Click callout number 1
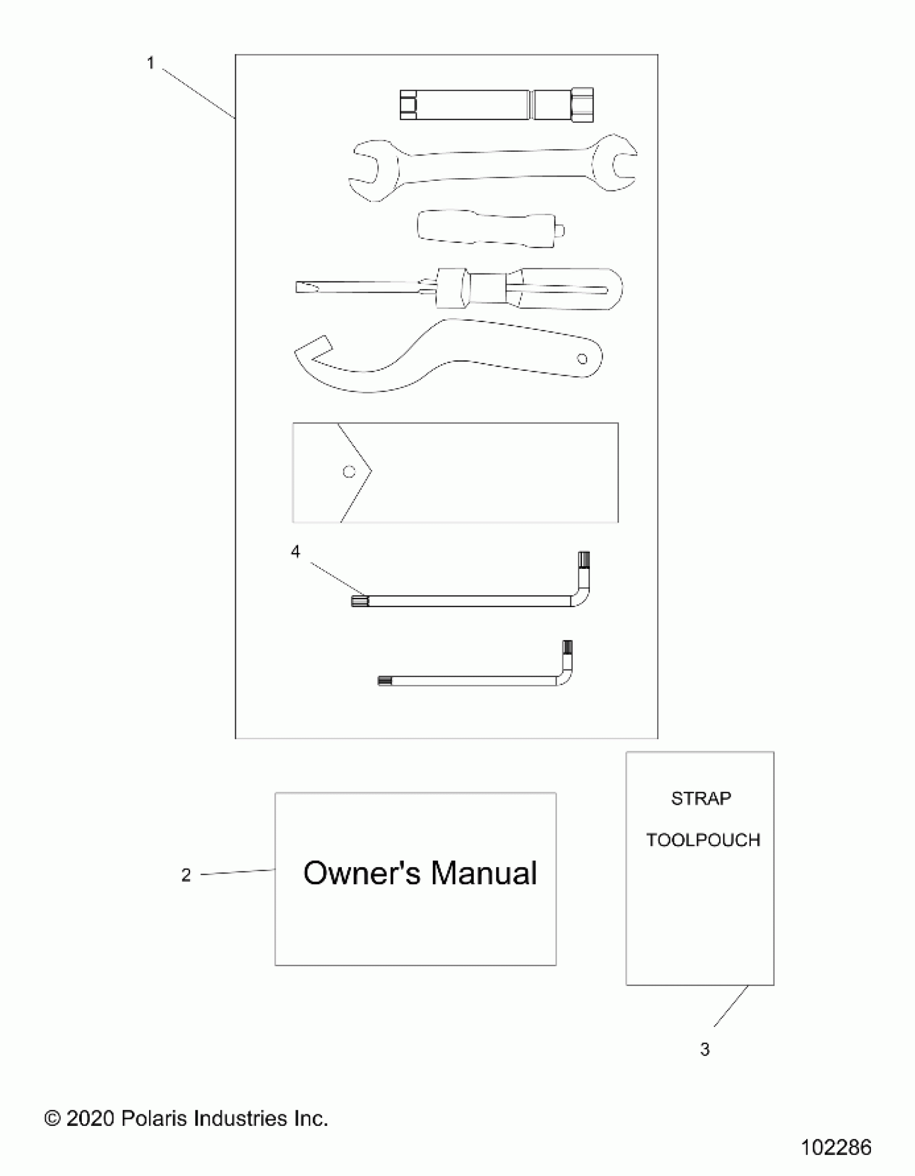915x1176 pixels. tap(150, 64)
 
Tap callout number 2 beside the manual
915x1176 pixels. tap(186, 875)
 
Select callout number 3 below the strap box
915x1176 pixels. tap(705, 1049)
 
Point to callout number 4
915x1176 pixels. tap(295, 551)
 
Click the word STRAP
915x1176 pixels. tap(701, 798)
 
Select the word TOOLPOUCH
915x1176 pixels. tap(703, 840)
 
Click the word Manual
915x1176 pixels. tap(483, 873)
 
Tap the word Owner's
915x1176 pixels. tap(361, 873)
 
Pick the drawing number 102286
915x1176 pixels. tap(836, 1148)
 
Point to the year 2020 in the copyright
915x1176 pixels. tap(90, 1118)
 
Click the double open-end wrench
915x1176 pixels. tap(493, 167)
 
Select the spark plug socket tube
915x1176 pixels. tap(496, 105)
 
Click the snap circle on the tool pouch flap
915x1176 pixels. tap(349, 471)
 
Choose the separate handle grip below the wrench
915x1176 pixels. tap(488, 229)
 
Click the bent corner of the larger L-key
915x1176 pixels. tap(582, 598)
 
